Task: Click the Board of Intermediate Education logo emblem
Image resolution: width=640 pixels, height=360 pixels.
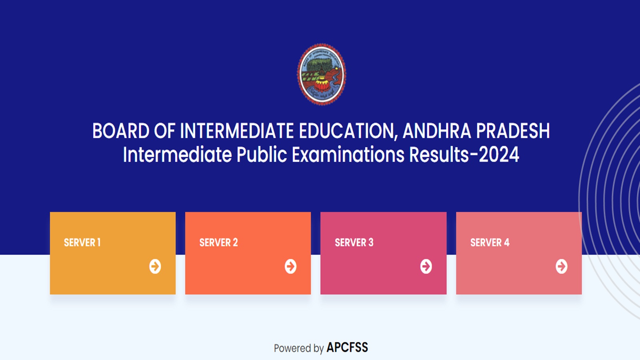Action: tap(321, 74)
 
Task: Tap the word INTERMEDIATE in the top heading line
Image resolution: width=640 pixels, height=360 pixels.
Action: tap(237, 131)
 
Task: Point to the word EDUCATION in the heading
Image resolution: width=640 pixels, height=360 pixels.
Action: tap(348, 131)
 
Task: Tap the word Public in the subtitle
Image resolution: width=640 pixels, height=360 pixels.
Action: tap(262, 155)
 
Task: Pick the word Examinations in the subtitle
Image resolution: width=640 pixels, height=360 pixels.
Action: tap(348, 155)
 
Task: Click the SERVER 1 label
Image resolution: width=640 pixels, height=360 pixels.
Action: tap(82, 242)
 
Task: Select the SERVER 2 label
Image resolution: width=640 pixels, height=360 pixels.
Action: tap(218, 242)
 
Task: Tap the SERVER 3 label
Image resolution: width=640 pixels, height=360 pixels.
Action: tap(354, 242)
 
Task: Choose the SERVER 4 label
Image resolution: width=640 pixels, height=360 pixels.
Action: tap(490, 242)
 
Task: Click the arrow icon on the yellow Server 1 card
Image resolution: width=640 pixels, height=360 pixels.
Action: tap(155, 266)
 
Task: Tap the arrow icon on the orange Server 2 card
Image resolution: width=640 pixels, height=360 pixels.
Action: tap(291, 266)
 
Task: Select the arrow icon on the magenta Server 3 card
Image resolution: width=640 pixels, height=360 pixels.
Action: tap(426, 266)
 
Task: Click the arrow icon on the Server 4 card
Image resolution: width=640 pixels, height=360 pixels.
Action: tap(562, 266)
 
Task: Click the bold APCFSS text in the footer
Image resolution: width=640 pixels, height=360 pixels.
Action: tap(347, 348)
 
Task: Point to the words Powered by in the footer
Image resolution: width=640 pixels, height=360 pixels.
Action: tap(298, 348)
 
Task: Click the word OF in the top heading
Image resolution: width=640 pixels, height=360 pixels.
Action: tap(164, 131)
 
